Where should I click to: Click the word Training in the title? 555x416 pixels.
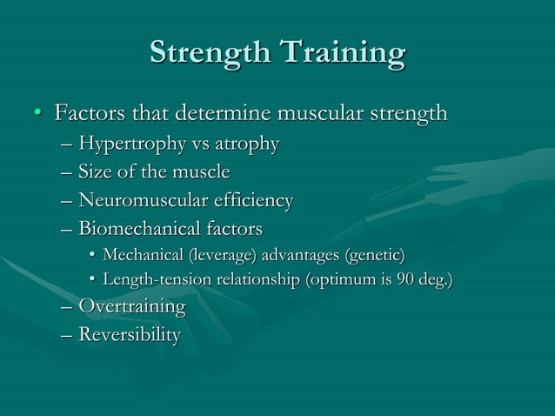point(342,53)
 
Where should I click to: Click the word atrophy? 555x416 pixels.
point(246,144)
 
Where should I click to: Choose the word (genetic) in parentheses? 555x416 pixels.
point(375,255)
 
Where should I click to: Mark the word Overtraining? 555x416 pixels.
point(131,307)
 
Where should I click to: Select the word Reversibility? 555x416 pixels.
point(130,335)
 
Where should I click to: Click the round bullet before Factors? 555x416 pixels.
point(37,115)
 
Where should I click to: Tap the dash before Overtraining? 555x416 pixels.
point(67,307)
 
